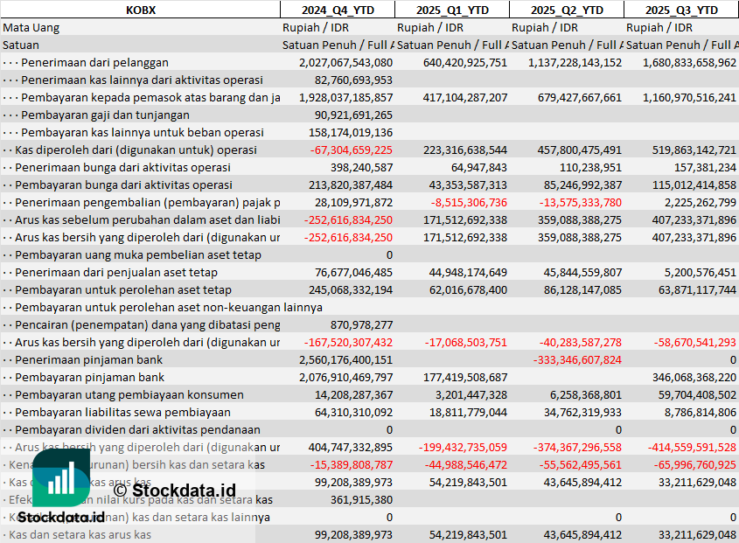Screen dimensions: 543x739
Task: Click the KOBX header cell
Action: click(140, 10)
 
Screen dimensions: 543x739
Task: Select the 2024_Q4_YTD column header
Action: click(337, 10)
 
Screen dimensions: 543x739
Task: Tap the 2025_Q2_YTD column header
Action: click(568, 10)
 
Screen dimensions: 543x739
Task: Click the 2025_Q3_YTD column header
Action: click(681, 10)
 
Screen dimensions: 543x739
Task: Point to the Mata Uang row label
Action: click(31, 27)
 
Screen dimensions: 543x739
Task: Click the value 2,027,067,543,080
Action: click(345, 62)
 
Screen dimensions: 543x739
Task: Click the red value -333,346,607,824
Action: click(577, 359)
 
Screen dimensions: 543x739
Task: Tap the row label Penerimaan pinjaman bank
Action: click(89, 359)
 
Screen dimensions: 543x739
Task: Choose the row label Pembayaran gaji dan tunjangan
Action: click(105, 115)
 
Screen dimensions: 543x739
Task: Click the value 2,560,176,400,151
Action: click(345, 359)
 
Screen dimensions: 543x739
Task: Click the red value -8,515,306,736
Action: click(469, 202)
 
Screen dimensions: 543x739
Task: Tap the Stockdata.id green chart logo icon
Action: click(61, 478)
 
